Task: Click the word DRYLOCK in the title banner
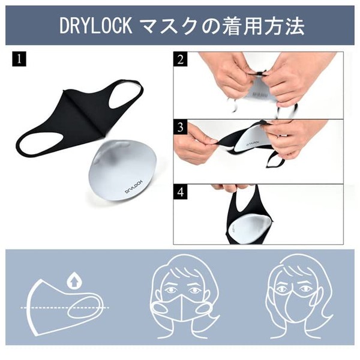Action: pyautogui.click(x=96, y=26)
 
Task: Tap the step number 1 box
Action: pyautogui.click(x=19, y=59)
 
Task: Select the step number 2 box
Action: pyautogui.click(x=181, y=59)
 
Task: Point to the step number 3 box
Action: pyautogui.click(x=181, y=127)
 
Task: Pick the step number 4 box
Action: pyautogui.click(x=181, y=192)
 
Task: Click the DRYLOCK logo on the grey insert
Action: pyautogui.click(x=134, y=187)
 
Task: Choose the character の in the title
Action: pyautogui.click(x=210, y=26)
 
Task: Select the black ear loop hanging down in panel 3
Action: pyautogui.click(x=275, y=159)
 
